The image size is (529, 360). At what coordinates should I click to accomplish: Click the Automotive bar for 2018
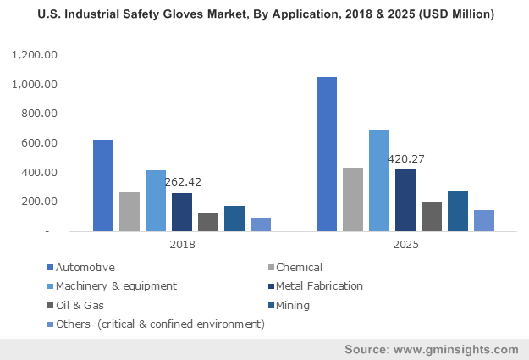103,186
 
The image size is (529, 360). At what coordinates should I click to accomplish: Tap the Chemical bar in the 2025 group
353,199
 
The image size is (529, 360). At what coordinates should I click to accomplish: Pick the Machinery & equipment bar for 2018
156,201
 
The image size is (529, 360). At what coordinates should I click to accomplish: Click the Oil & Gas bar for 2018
208,222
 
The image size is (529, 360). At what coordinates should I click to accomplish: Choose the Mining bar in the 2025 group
458,211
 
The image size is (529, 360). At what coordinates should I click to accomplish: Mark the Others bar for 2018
261,224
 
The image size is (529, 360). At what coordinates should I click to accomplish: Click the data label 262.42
183,181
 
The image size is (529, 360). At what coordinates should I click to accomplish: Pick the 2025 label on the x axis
405,244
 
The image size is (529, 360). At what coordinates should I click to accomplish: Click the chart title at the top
264,14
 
